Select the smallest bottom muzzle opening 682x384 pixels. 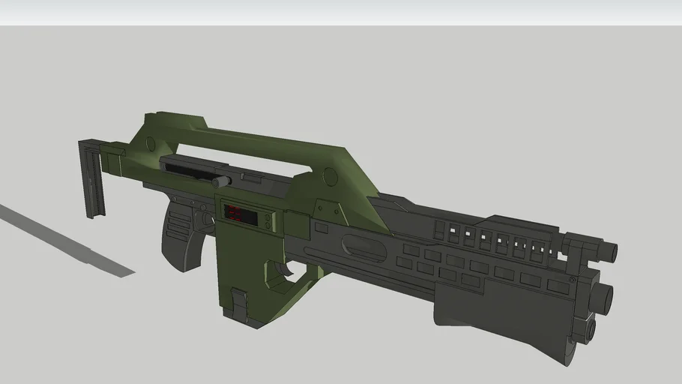tap(589, 328)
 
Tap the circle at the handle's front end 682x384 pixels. tap(328, 178)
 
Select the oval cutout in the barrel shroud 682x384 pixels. tap(364, 245)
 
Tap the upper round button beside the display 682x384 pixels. tap(266, 216)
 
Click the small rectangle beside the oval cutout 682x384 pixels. tap(322, 226)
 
